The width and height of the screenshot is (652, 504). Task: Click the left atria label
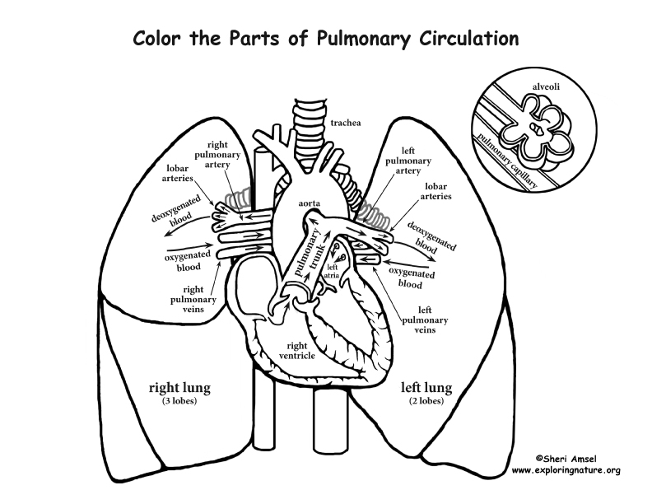click(333, 271)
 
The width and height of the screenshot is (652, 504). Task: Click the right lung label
click(178, 385)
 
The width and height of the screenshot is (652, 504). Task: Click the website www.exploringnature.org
click(566, 470)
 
